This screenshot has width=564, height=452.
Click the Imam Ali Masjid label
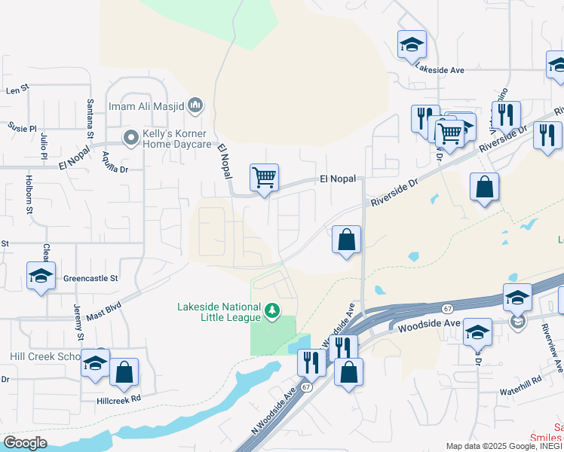pos(146,105)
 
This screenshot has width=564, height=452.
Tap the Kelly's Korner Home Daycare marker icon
pos(131,137)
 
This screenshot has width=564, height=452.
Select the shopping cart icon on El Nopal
pos(264,179)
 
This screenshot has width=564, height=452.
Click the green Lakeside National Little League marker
pos(271,310)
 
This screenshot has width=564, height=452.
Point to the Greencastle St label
pos(90,278)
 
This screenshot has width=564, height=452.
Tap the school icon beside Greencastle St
pos(41,276)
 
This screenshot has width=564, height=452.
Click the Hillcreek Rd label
pos(119,399)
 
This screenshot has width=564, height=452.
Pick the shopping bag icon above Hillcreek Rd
pos(124,373)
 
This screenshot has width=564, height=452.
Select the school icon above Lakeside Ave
pos(412,44)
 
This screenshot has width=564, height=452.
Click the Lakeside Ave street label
pos(440,70)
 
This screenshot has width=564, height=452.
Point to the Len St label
pos(17,90)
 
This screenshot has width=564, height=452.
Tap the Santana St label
pos(89,118)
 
